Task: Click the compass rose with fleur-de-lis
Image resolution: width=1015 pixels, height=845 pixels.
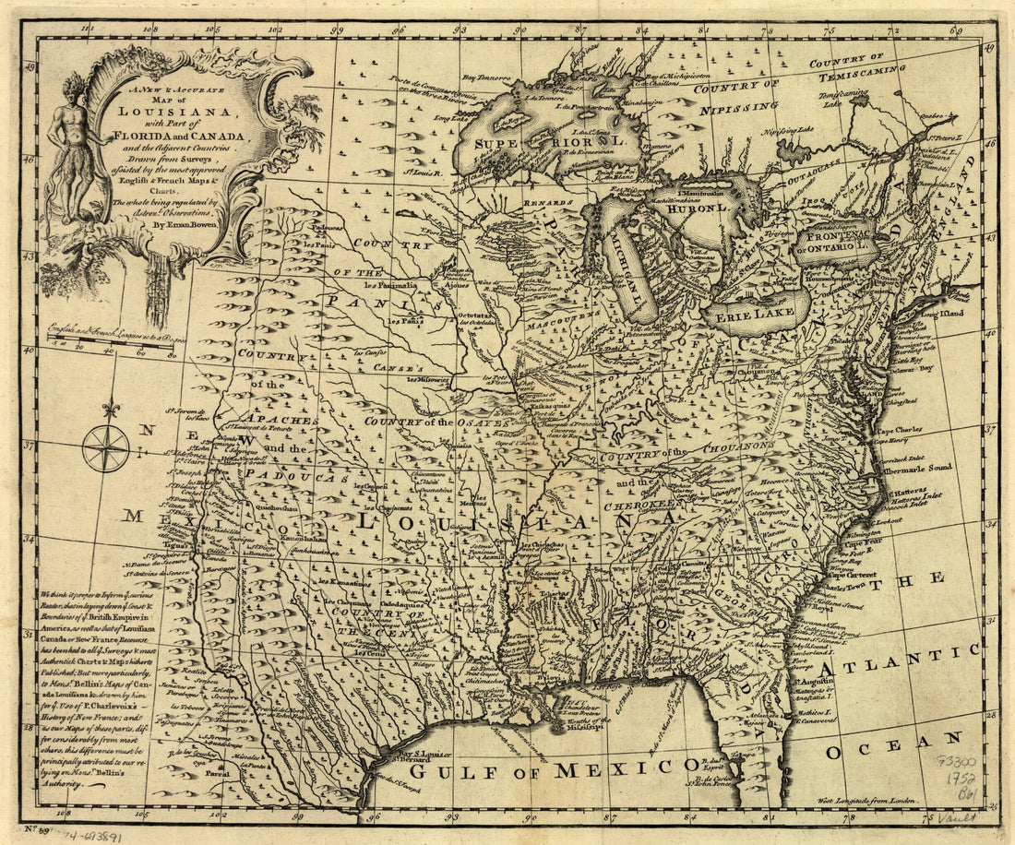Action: [x=105, y=446]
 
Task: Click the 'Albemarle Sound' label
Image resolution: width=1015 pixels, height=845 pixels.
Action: [x=913, y=470]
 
